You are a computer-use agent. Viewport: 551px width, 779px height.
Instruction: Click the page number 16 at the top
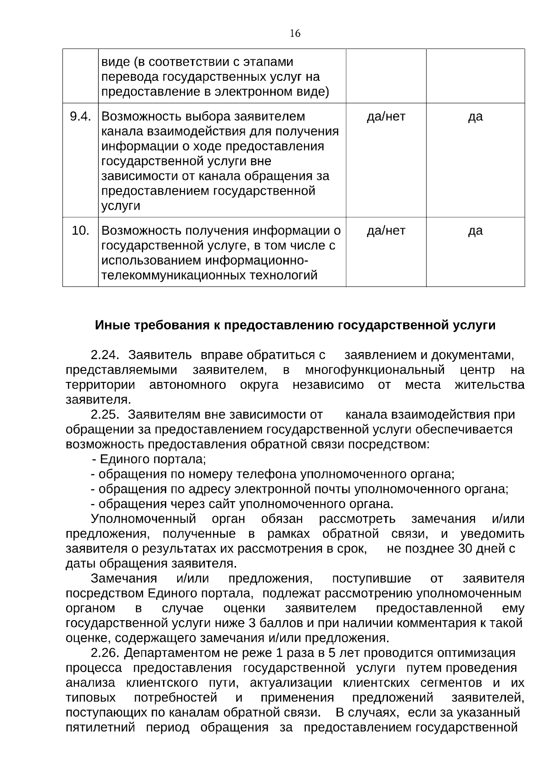(295, 34)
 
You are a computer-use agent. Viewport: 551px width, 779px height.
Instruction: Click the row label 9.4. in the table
(80, 117)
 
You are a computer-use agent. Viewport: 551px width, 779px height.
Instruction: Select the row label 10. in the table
(80, 230)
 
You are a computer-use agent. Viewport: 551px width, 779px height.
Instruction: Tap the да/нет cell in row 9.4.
(386, 117)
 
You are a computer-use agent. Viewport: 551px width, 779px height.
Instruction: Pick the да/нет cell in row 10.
(386, 230)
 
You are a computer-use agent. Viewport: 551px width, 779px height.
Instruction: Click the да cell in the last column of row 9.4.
(475, 117)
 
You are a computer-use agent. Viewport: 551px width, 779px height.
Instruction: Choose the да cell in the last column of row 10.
(475, 230)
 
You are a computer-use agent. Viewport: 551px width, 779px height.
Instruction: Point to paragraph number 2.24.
(105, 355)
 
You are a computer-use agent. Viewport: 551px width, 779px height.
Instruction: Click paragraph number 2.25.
(105, 415)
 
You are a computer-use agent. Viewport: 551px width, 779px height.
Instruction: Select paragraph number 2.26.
(105, 653)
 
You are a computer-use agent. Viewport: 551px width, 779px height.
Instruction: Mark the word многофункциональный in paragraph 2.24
(375, 370)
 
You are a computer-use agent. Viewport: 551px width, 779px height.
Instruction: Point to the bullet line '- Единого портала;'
(149, 460)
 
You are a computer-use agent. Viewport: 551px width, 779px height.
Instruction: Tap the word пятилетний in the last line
(101, 728)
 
